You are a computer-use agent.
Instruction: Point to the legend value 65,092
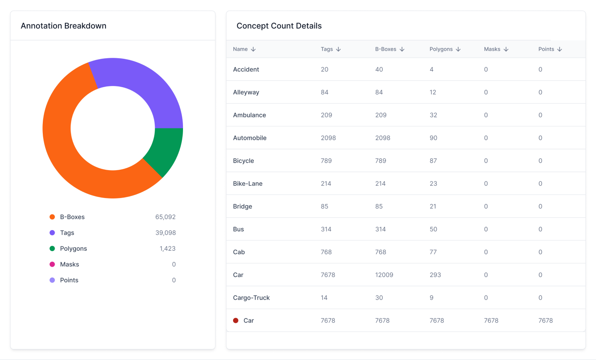pyautogui.click(x=165, y=217)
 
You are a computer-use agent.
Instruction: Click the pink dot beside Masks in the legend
pyautogui.click(x=52, y=264)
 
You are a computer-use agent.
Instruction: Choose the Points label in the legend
pyautogui.click(x=69, y=280)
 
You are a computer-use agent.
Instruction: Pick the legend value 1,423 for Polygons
pyautogui.click(x=167, y=249)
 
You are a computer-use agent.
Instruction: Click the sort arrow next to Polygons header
pyautogui.click(x=458, y=49)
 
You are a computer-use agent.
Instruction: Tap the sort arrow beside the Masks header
pyautogui.click(x=506, y=49)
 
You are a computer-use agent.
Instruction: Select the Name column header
pyautogui.click(x=240, y=49)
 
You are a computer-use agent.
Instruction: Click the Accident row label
pyautogui.click(x=246, y=70)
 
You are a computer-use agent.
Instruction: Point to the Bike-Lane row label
pyautogui.click(x=248, y=184)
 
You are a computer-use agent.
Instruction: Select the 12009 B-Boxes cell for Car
pyautogui.click(x=384, y=275)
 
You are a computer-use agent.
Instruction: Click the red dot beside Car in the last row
pyautogui.click(x=236, y=321)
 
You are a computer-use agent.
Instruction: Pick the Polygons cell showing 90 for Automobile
pyautogui.click(x=433, y=138)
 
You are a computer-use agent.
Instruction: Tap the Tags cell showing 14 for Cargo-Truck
pyautogui.click(x=324, y=298)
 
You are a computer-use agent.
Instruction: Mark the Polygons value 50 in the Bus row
pyautogui.click(x=433, y=229)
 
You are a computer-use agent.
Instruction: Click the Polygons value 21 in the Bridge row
pyautogui.click(x=433, y=206)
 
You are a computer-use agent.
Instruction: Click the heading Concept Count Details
pyautogui.click(x=279, y=26)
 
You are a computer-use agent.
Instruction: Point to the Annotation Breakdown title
pyautogui.click(x=63, y=26)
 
